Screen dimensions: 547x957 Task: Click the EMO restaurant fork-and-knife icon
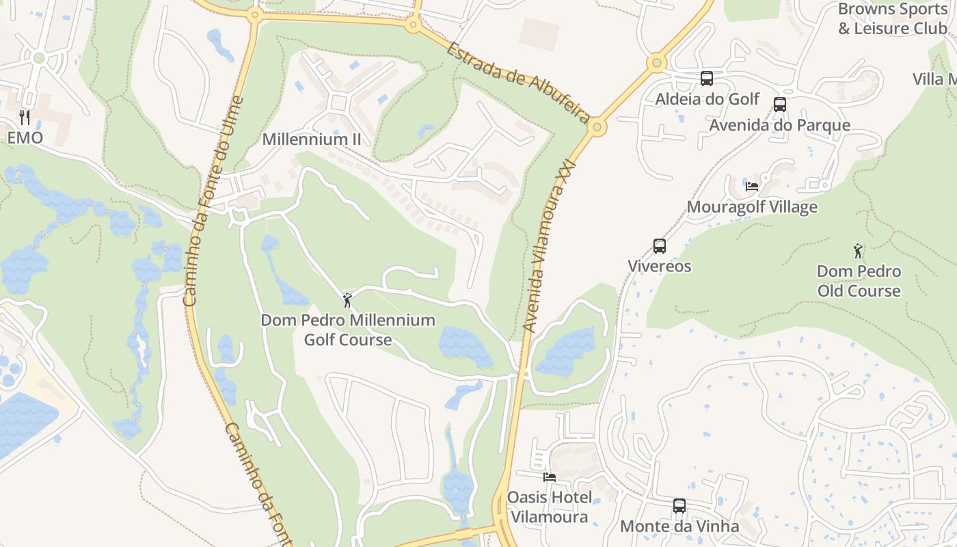(x=25, y=117)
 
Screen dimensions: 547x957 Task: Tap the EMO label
(x=25, y=137)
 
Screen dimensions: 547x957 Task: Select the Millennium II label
(x=312, y=139)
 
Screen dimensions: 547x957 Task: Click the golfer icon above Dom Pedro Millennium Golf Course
(x=347, y=299)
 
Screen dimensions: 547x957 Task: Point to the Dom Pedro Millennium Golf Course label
(x=348, y=330)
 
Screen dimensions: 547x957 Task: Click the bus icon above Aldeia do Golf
(x=707, y=79)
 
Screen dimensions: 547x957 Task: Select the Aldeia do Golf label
(x=707, y=99)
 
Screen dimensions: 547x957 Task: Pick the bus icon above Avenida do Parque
(x=779, y=105)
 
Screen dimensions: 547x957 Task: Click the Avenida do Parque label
(x=779, y=125)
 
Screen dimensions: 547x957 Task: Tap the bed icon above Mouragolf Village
(x=752, y=186)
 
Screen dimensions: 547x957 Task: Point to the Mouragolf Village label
(x=752, y=206)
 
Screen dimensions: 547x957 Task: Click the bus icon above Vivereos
(x=660, y=245)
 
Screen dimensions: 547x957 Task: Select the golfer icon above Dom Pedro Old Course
(x=858, y=251)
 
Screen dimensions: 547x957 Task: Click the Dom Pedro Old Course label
(x=859, y=281)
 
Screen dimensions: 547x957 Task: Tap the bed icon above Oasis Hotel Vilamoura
(x=549, y=477)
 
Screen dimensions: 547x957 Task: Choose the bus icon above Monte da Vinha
(x=679, y=506)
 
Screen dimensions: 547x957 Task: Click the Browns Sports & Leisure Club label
(x=893, y=18)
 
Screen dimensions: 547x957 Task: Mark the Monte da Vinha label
(x=679, y=526)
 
